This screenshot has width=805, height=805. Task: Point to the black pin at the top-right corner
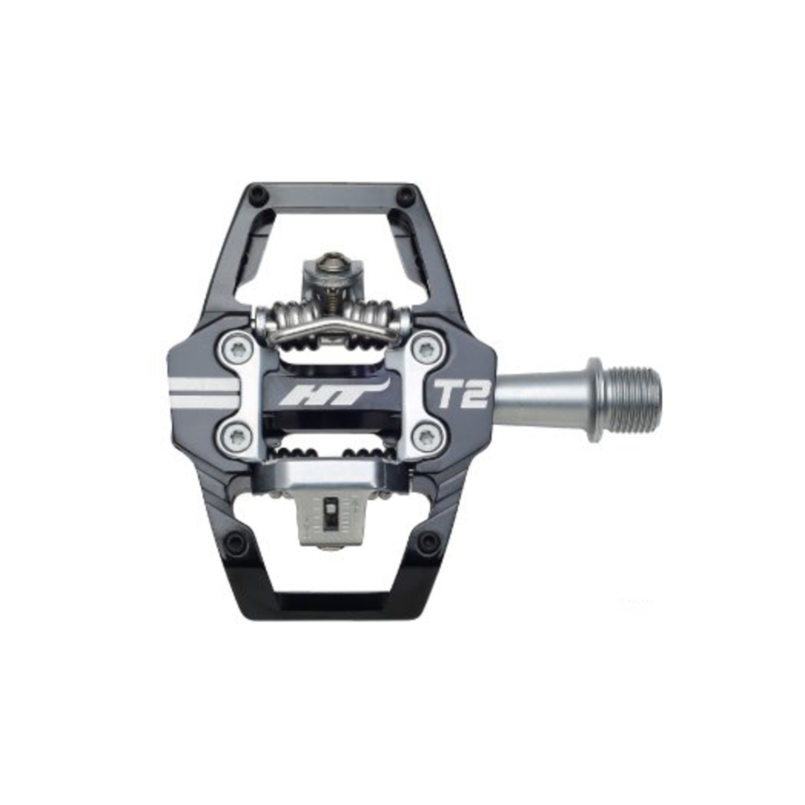(x=404, y=196)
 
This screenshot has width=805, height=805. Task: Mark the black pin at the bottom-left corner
(x=236, y=539)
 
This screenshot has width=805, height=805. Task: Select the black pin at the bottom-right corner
(x=429, y=539)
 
